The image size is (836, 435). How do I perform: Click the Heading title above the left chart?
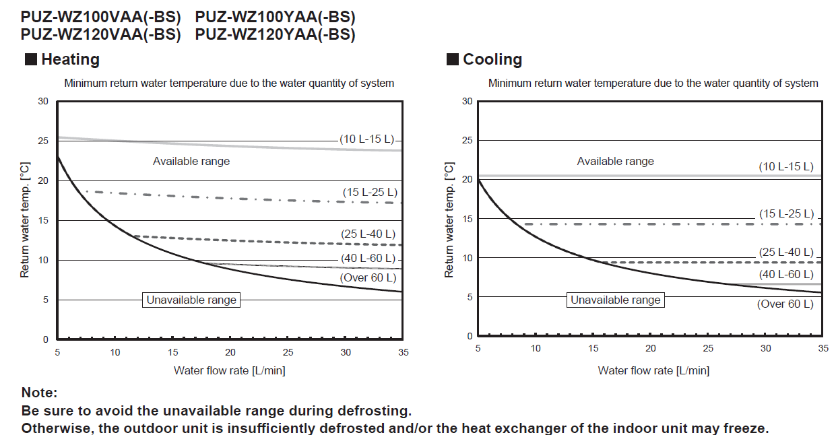coord(70,59)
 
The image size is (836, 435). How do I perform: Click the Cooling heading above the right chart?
coord(492,59)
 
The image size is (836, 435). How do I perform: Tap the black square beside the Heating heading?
coord(31,59)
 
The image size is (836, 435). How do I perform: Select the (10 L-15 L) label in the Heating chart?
coord(366,139)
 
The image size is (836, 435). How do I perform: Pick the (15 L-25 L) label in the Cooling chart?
coord(786,213)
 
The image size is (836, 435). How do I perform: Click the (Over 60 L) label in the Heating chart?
coord(368,277)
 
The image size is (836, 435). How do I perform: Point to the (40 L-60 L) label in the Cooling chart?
coord(786,274)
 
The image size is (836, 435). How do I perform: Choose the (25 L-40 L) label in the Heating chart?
coord(368,234)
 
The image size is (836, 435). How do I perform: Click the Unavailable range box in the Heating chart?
coord(191,300)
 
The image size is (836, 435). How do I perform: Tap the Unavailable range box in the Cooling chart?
coord(616,300)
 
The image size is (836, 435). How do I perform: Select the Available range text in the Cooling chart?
coord(615,162)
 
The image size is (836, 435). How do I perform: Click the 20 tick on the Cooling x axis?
coord(651,348)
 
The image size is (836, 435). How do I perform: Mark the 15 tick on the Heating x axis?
coord(173,352)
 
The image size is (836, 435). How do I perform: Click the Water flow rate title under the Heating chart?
coord(229,370)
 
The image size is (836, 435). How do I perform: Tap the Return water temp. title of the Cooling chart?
coord(449,220)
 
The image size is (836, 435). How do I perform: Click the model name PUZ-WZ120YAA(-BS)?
coord(275,34)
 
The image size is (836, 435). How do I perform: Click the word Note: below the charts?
coord(40,393)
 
